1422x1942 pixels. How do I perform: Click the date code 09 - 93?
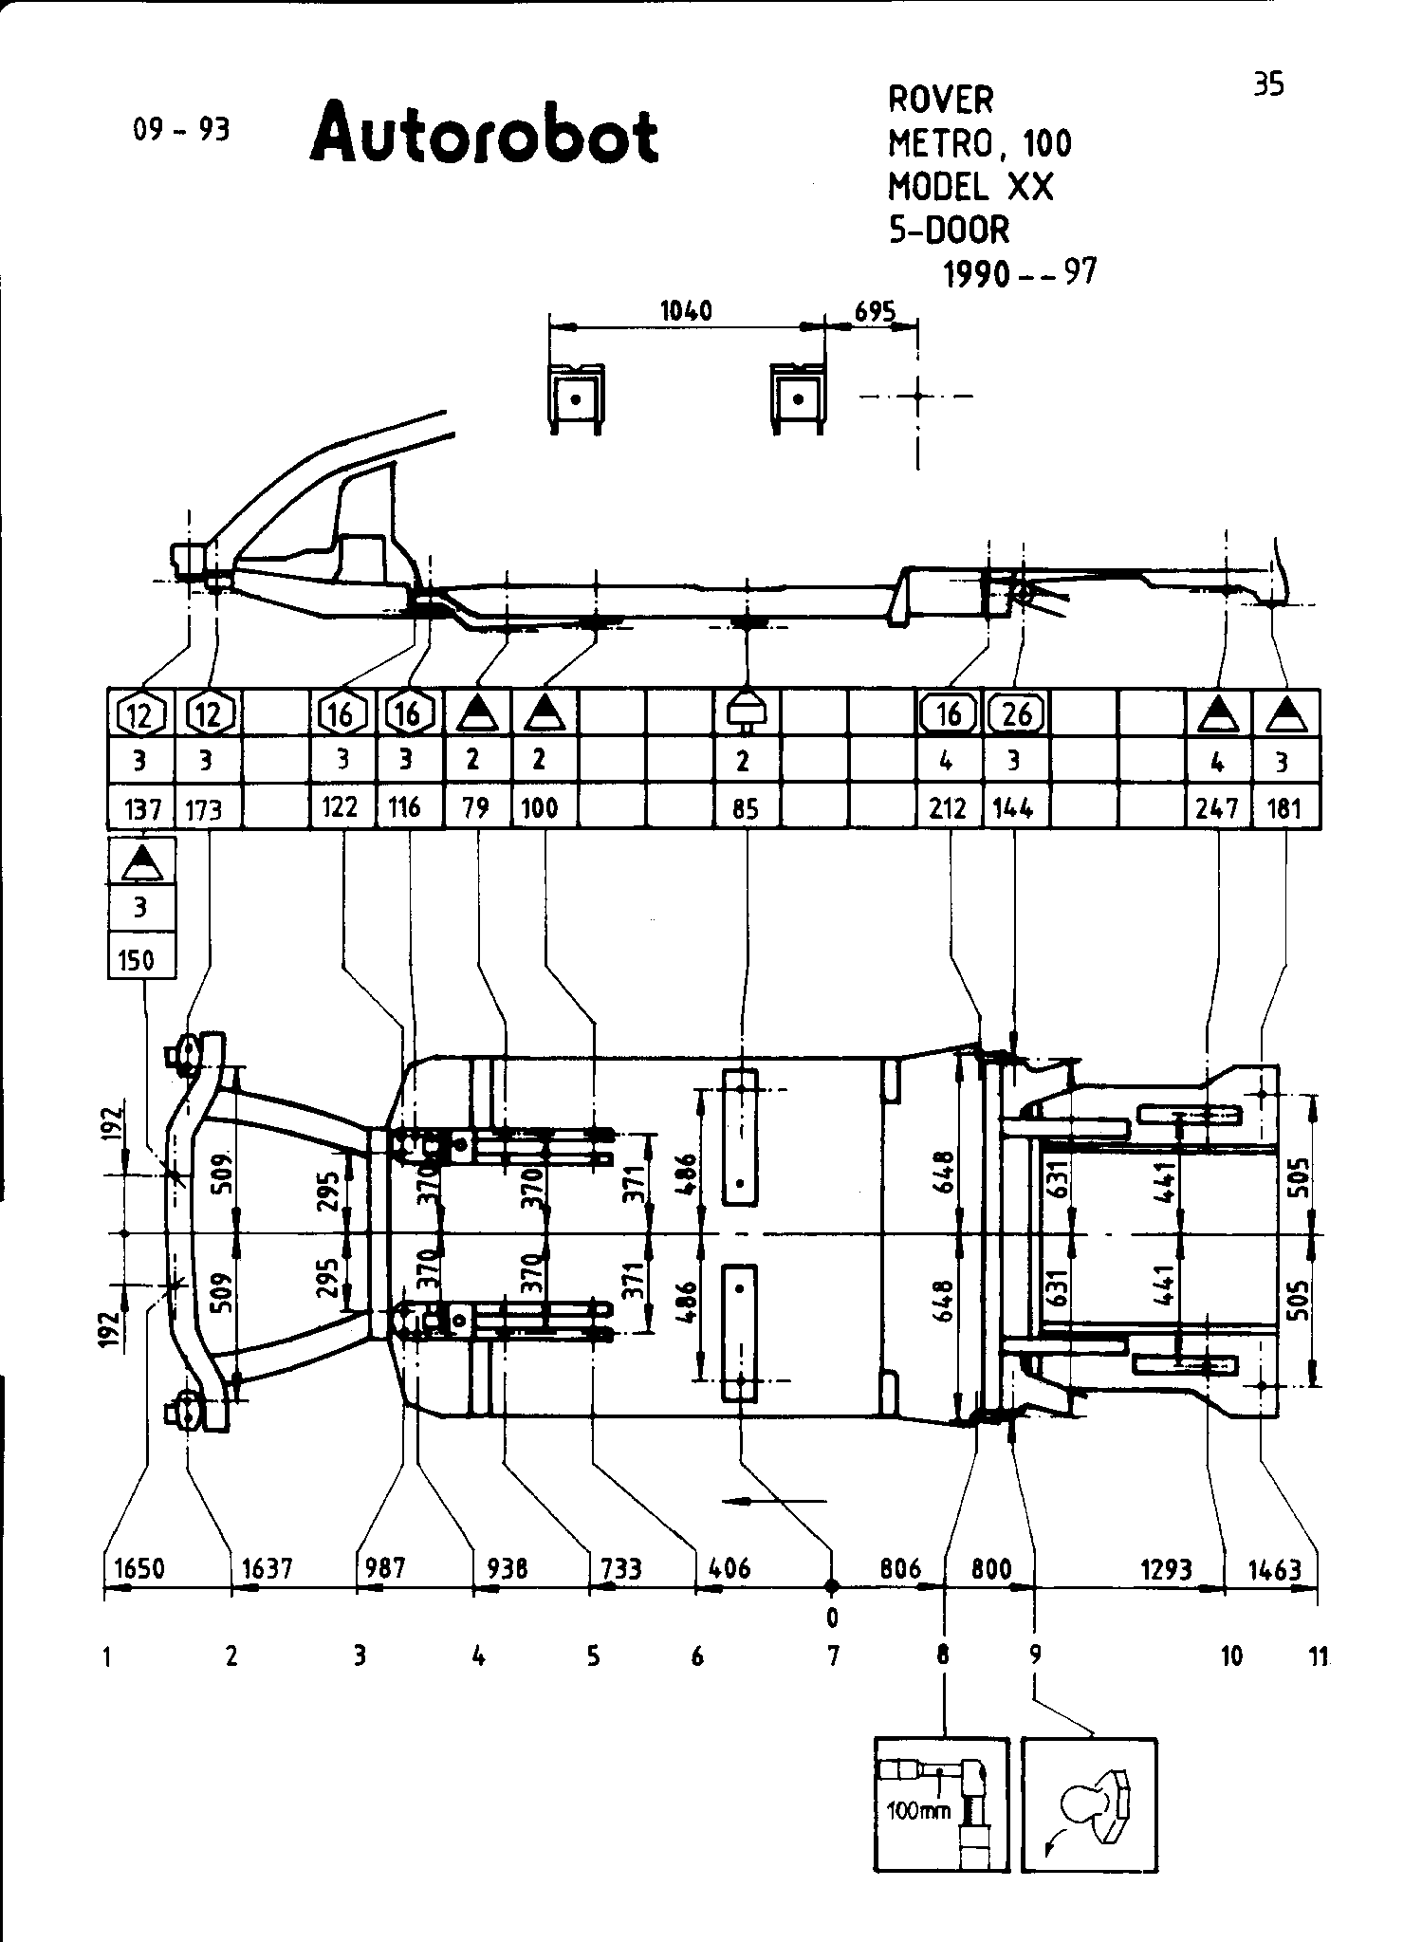pos(182,130)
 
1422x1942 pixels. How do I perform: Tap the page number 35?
pos(1268,84)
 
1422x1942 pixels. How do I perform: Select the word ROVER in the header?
pos(941,99)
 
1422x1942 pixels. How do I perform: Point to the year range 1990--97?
pos(1020,273)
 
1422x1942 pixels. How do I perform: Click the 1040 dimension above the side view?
pos(686,311)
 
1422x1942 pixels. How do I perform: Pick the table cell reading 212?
pos(950,807)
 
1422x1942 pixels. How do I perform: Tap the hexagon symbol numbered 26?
pos(1016,712)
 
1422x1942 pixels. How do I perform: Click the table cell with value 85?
pos(745,807)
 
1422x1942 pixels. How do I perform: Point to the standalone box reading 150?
pos(141,960)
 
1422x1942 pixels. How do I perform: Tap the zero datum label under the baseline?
pos(832,1616)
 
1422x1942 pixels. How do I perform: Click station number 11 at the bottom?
pos(1319,1656)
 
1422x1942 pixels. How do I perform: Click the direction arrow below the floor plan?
pos(774,1500)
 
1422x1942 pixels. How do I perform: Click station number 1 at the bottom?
pos(108,1656)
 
